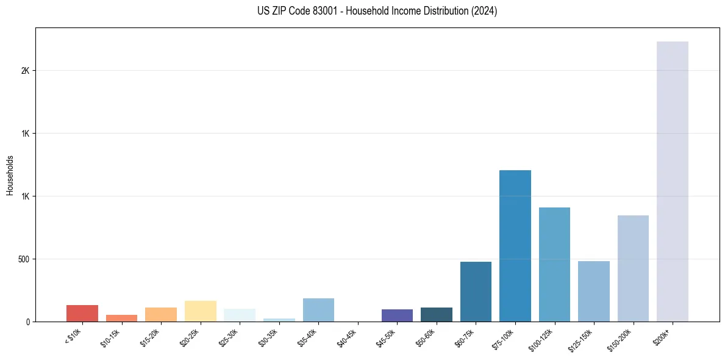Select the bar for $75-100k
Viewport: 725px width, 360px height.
(515, 246)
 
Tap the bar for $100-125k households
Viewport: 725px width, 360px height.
(554, 264)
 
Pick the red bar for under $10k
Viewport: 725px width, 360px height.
(82, 313)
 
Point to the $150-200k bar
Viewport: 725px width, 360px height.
(633, 268)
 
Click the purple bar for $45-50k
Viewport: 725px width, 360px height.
(397, 315)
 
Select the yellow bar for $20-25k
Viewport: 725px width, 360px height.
(201, 311)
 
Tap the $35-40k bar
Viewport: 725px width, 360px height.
(318, 310)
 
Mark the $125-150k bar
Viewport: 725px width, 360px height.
(593, 291)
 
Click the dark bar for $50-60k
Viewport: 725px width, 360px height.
(437, 314)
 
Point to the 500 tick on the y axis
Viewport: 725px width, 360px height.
(24, 259)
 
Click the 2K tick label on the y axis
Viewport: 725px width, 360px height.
(25, 71)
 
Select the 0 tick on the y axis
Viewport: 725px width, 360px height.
(28, 322)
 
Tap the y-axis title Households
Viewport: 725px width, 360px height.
(10, 175)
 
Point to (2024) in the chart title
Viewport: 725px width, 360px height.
(482, 11)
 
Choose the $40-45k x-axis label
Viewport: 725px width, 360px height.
(347, 338)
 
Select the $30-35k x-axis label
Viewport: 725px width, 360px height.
(268, 338)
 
